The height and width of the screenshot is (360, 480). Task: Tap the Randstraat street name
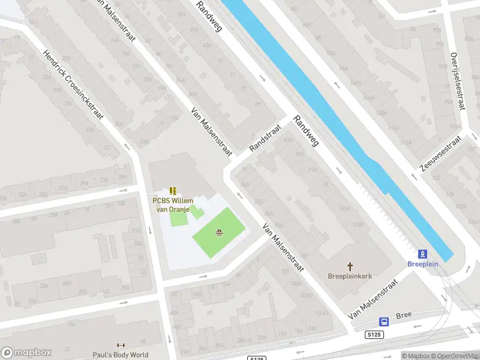coord(265,139)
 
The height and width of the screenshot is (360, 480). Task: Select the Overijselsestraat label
coord(458,80)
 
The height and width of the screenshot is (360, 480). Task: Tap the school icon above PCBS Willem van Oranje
coord(173,191)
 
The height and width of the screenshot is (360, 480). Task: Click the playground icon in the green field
coord(220,233)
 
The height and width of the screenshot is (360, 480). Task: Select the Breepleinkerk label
coord(350,277)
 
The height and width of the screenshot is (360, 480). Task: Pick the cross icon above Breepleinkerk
coord(350,266)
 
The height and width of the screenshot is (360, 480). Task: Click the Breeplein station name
coord(422,264)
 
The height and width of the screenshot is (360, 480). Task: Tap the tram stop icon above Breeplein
coord(422,253)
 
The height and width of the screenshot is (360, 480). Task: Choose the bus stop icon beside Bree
coord(384,321)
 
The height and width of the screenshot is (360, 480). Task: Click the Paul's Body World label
coord(121,355)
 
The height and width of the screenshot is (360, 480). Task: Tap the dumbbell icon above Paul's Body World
coord(121,345)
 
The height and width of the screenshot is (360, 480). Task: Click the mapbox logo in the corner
coord(26,352)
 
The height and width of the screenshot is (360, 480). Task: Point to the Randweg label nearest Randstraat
coord(305,130)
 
